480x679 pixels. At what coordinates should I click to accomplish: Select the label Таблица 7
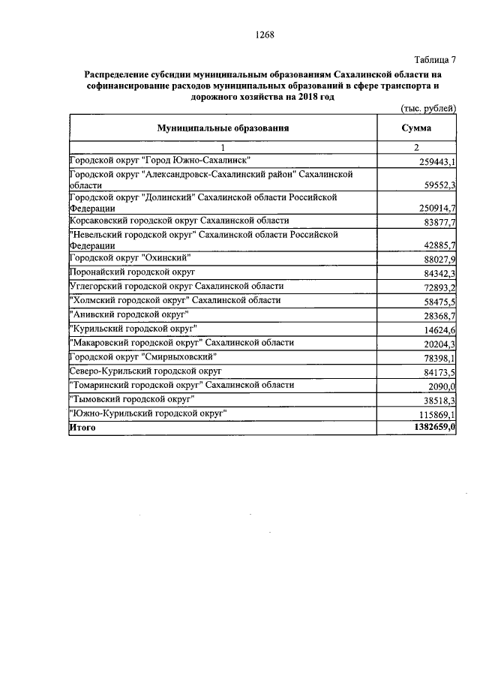[x=434, y=60]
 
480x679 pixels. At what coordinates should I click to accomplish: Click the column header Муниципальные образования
[x=223, y=128]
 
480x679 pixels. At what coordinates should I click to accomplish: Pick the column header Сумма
[x=416, y=128]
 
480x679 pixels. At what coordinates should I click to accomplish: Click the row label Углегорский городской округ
[x=176, y=286]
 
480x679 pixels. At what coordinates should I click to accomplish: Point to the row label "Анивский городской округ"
[x=128, y=313]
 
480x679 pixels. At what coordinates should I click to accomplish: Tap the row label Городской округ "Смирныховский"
[x=143, y=356]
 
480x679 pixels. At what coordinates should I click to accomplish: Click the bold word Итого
[x=82, y=427]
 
